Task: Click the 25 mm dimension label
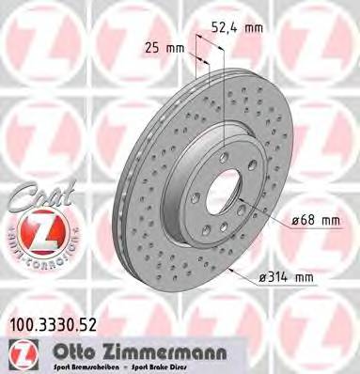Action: (x=161, y=46)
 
